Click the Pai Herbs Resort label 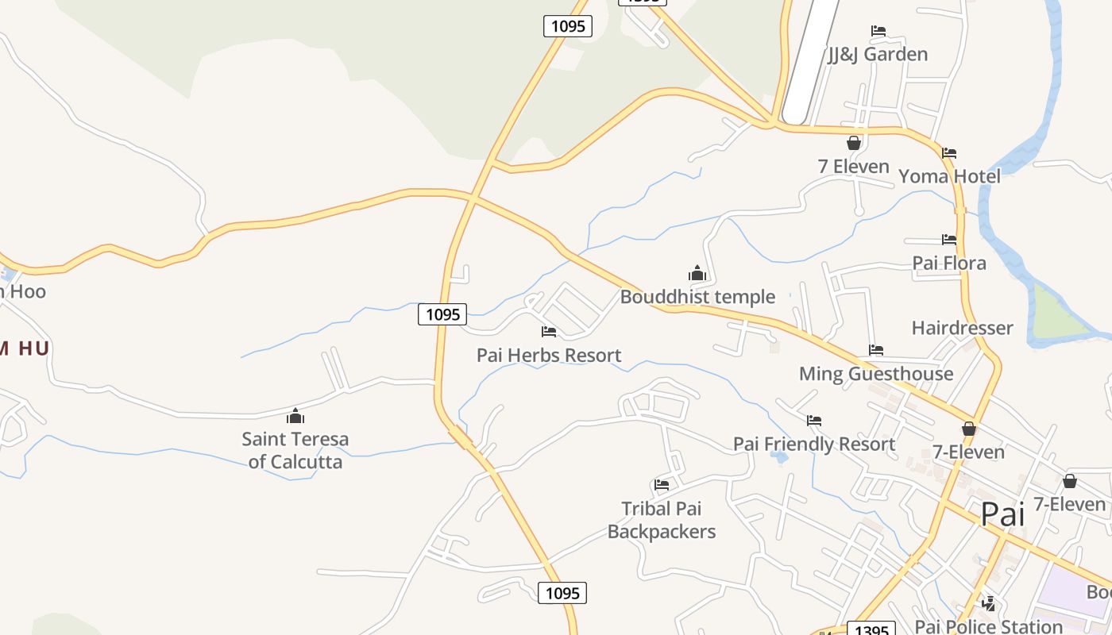coord(549,356)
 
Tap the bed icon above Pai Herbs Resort coord(549,332)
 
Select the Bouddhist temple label coord(697,297)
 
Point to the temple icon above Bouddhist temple coord(697,274)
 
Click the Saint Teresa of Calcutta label coord(295,450)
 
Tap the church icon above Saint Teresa coord(295,416)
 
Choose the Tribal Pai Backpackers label coord(662,520)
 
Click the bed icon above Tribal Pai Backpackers coord(662,485)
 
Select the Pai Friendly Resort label coord(814,444)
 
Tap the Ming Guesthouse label coord(876,374)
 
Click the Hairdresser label coord(962,328)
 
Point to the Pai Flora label coord(949,263)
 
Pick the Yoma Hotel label coord(949,175)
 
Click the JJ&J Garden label coord(878,54)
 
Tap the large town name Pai coord(1002,514)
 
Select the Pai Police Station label coord(987,626)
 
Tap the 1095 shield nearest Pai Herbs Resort coord(442,314)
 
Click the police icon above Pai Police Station coord(988,604)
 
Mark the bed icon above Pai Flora coord(949,239)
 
